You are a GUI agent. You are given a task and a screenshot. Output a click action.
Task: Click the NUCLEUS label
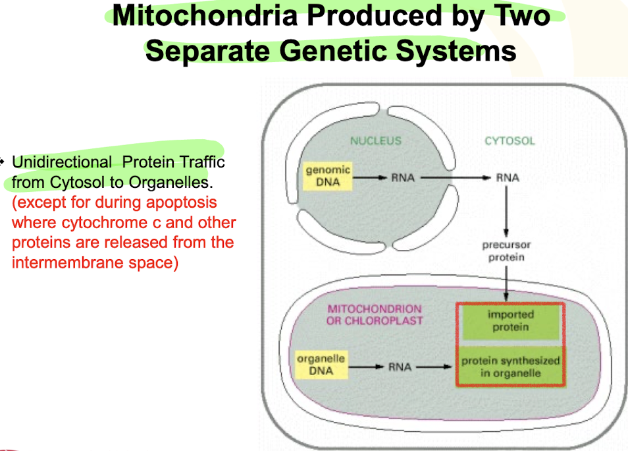click(375, 140)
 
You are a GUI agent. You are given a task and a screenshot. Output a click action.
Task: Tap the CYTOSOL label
click(510, 140)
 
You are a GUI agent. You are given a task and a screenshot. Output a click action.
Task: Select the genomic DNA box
click(328, 176)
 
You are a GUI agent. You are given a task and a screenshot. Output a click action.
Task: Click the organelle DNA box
click(321, 365)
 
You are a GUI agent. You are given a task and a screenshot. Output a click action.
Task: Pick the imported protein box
click(510, 320)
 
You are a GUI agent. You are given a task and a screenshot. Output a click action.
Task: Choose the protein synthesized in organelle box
click(510, 367)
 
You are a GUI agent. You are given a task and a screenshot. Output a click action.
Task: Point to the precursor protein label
click(506, 251)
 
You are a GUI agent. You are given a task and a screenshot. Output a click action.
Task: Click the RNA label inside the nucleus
click(402, 177)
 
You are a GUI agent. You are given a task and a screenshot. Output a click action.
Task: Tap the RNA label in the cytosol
click(507, 177)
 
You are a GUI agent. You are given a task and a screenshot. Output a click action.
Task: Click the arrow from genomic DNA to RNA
click(369, 177)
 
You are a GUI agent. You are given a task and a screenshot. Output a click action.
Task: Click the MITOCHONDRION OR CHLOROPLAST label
click(374, 315)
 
